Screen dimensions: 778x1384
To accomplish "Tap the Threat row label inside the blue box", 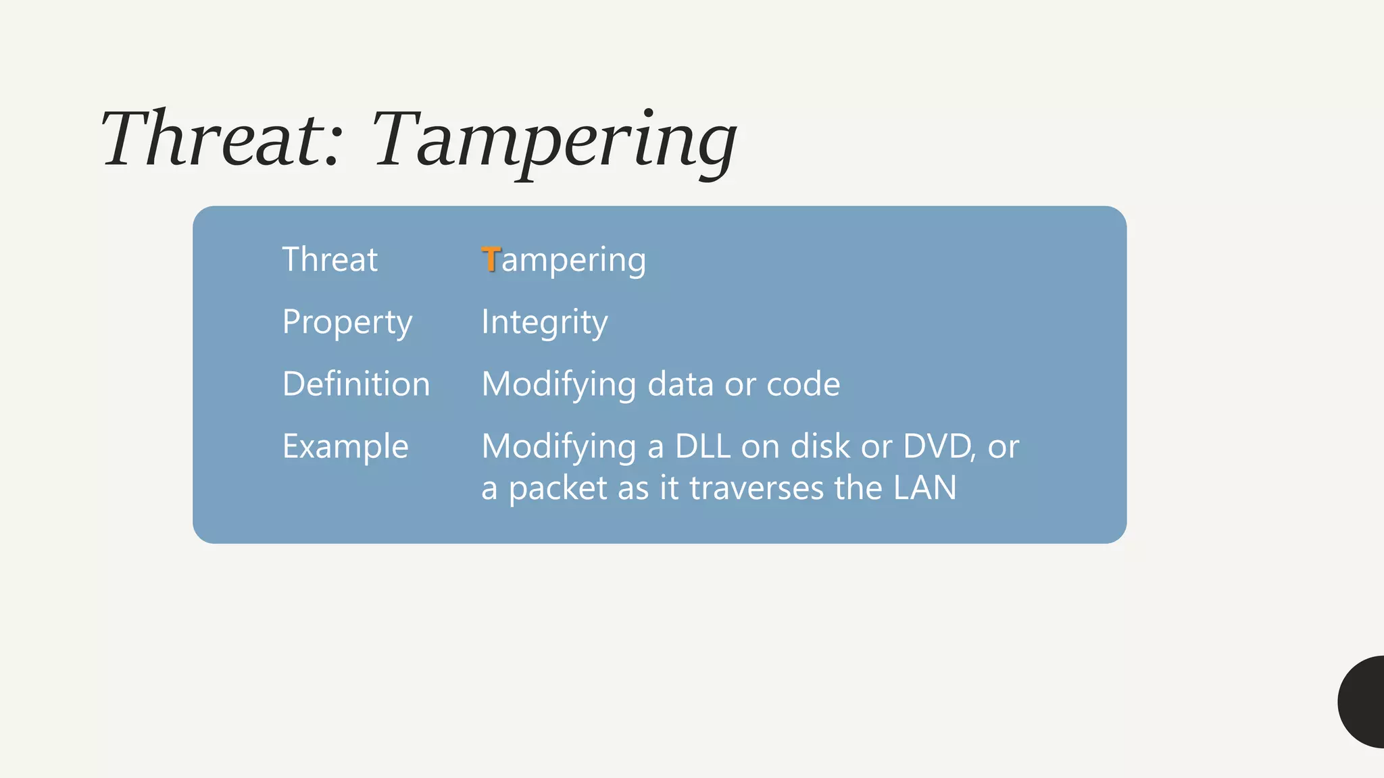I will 330,259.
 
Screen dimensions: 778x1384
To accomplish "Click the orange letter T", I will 491,259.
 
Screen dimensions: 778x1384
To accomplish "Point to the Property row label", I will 347,322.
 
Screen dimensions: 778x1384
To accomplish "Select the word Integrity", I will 545,322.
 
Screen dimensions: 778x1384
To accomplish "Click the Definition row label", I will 356,384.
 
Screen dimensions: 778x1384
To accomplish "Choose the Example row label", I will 345,446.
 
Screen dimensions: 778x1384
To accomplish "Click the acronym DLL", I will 703,446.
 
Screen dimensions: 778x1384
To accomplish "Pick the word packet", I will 558,488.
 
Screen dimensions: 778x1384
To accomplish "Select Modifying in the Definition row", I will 559,385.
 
